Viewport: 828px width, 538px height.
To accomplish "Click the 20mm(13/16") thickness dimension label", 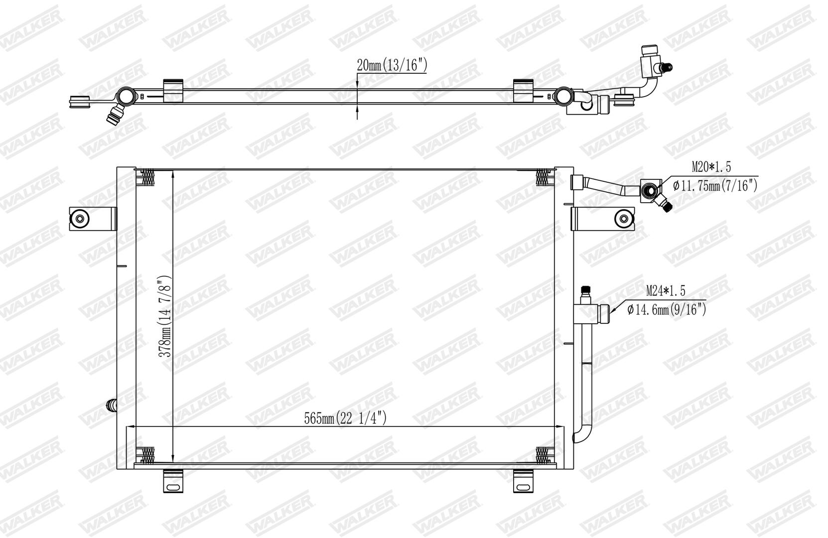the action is click(x=392, y=65).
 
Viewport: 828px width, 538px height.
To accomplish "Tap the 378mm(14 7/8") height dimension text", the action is click(x=165, y=316).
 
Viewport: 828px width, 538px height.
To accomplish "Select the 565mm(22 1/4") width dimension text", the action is click(x=345, y=418).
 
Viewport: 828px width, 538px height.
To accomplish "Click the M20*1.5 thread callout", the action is click(x=711, y=167).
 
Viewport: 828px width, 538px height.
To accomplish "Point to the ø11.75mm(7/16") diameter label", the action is click(x=715, y=185).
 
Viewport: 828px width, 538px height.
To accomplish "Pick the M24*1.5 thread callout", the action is click(x=666, y=291).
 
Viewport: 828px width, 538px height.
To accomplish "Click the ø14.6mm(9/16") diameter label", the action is click(x=667, y=309).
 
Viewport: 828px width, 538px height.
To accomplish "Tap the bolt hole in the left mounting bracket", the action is click(x=80, y=219).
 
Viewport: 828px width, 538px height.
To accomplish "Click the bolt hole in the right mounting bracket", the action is click(x=624, y=219).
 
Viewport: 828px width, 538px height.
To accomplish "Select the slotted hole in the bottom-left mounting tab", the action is click(x=173, y=487).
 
